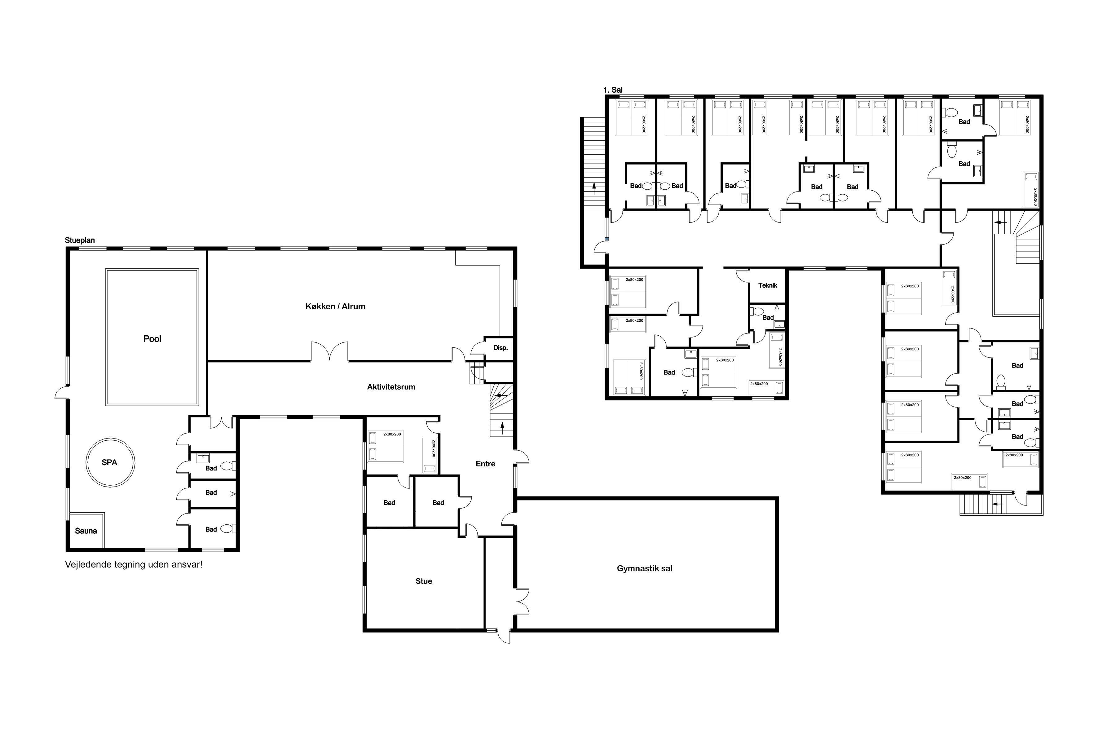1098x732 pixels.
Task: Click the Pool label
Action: (152, 339)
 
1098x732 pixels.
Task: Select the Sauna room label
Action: (86, 531)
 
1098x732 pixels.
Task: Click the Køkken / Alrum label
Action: (335, 306)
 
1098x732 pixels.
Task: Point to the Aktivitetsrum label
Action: (391, 386)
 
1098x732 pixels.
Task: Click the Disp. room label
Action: (500, 348)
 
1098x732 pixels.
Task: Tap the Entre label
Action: (486, 464)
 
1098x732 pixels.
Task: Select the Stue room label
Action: (424, 581)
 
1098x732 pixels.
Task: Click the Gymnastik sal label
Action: (645, 569)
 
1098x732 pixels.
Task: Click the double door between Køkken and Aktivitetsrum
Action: (330, 351)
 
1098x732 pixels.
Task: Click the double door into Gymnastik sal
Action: (522, 601)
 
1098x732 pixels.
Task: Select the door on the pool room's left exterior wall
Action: (62, 392)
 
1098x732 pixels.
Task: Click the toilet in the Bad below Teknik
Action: (758, 311)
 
